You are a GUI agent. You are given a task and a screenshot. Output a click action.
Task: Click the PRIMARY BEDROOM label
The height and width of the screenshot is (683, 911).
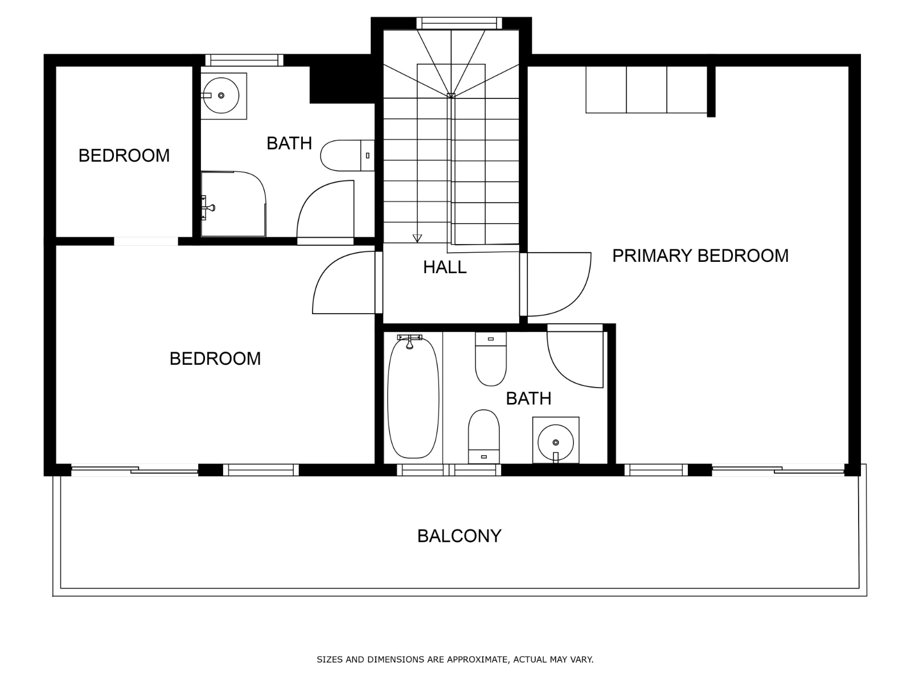(700, 256)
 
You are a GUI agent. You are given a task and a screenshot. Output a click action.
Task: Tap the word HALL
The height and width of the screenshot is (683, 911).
(445, 267)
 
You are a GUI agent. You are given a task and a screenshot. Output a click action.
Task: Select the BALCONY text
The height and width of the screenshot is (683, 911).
(459, 536)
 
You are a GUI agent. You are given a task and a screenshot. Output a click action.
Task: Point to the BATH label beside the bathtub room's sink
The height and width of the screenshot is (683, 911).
(528, 398)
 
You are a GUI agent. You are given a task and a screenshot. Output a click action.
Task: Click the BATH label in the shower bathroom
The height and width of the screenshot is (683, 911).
(289, 143)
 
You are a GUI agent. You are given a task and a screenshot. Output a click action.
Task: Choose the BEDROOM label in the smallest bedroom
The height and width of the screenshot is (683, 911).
(124, 155)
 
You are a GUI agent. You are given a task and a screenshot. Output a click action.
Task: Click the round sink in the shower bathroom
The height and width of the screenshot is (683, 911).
(221, 96)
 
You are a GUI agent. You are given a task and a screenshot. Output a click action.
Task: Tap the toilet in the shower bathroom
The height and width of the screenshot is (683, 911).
(347, 155)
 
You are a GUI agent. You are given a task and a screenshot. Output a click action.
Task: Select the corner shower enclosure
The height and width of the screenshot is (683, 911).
(233, 204)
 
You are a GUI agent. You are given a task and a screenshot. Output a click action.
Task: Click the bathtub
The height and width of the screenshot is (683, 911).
(413, 397)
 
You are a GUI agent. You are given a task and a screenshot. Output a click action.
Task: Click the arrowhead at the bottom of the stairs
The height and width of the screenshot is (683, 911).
(417, 238)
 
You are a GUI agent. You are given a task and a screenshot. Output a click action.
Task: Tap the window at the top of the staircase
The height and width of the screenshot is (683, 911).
(459, 23)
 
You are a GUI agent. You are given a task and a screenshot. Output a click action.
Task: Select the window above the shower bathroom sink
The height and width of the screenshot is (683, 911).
(244, 60)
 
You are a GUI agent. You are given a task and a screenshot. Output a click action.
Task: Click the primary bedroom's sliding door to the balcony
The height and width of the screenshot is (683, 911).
(778, 470)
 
